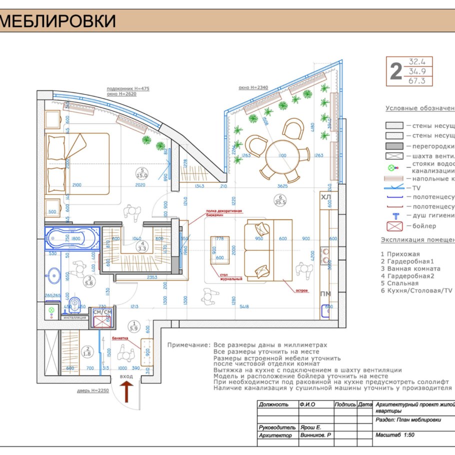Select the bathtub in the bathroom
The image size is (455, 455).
[69, 239]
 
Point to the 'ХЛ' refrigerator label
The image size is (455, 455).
[326, 198]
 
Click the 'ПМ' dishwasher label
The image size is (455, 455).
[325, 293]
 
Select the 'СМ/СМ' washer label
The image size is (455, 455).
[102, 312]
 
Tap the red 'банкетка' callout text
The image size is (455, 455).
[120, 338]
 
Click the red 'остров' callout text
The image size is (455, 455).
[301, 289]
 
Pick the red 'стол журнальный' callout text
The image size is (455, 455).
[230, 276]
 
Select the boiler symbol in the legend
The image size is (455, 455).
[395, 226]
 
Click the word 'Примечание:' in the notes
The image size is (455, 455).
[188, 345]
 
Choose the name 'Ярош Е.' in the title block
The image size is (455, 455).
[310, 428]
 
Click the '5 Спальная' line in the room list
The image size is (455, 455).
[400, 283]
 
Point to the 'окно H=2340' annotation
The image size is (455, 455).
[253, 87]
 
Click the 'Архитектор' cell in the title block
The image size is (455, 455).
[275, 435]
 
